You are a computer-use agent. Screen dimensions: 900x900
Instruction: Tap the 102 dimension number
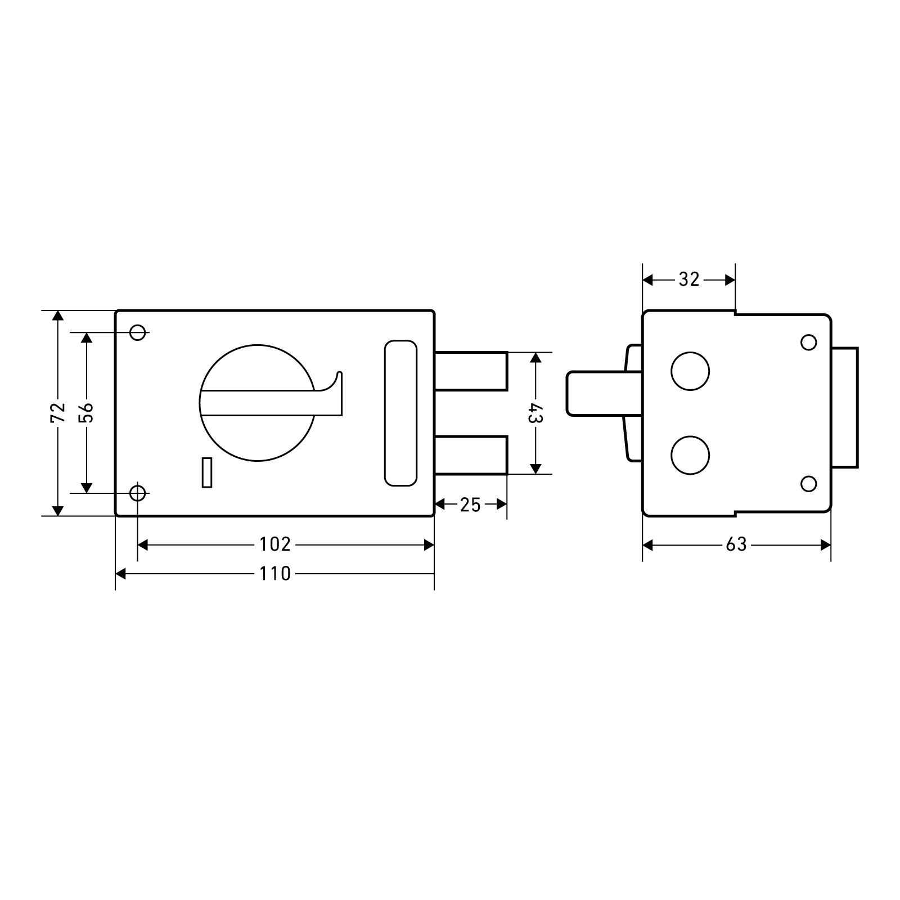pos(275,544)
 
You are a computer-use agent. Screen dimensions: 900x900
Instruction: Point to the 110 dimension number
pos(275,574)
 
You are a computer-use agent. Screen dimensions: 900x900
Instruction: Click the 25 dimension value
pos(470,505)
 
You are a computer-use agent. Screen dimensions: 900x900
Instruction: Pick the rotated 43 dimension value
pos(535,413)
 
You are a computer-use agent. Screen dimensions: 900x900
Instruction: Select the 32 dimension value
pos(689,279)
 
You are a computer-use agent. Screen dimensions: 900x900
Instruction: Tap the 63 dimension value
pos(736,544)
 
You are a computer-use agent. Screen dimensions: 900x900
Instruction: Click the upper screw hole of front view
pos(138,332)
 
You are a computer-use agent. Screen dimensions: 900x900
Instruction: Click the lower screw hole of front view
pos(138,493)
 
